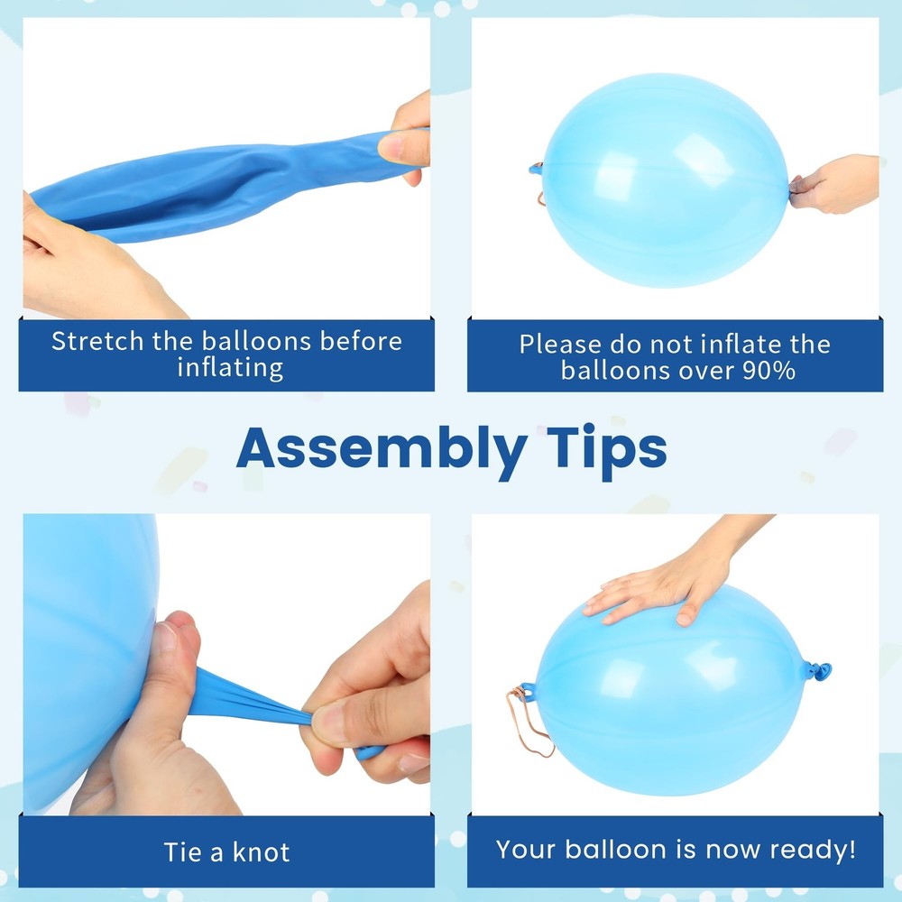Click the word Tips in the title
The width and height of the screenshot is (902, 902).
(x=607, y=451)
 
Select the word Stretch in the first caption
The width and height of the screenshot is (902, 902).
(x=97, y=341)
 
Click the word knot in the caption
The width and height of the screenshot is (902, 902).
(x=262, y=852)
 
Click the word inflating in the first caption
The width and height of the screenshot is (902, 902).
(x=230, y=368)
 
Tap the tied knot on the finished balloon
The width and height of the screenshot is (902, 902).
(x=817, y=671)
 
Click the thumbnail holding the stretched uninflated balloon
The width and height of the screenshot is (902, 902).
(x=391, y=146)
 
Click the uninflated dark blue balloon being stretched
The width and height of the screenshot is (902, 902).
(x=225, y=184)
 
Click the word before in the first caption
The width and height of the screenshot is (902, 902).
(x=361, y=341)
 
